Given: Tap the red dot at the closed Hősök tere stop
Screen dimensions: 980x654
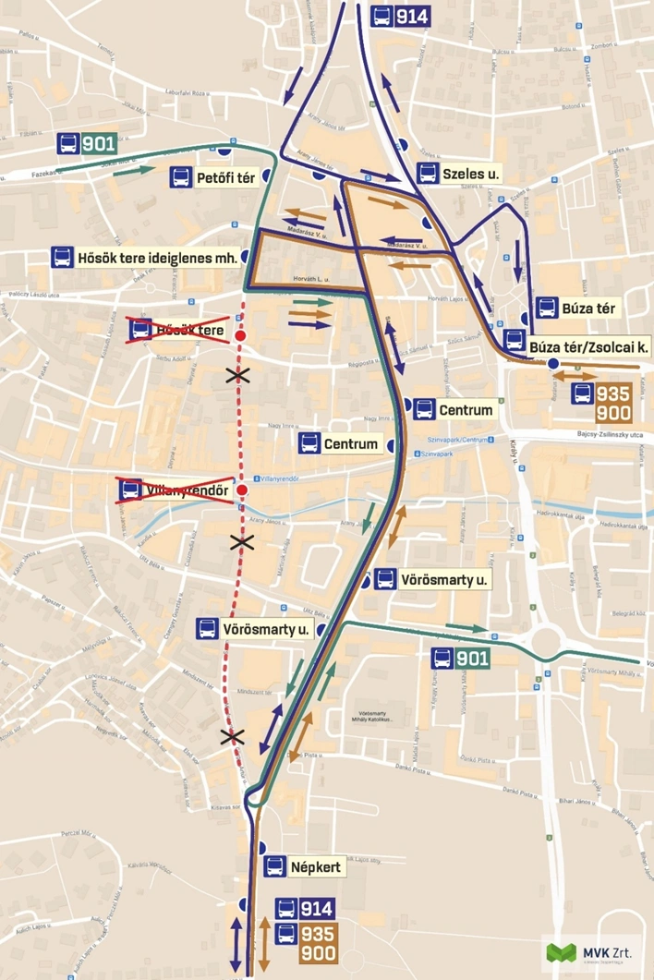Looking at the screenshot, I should (241, 336).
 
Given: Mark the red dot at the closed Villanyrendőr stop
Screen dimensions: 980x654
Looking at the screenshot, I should (242, 490).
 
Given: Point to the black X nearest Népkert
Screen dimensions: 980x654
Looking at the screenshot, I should (232, 736).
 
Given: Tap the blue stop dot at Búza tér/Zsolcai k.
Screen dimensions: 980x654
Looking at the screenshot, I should (552, 365).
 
